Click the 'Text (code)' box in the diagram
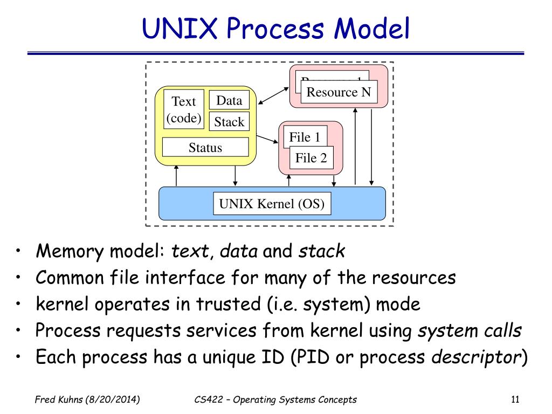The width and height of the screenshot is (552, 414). coord(184,109)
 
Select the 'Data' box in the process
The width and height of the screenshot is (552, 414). coord(229,100)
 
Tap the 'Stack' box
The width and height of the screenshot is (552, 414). coord(229,122)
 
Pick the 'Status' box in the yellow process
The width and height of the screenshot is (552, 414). coord(205,147)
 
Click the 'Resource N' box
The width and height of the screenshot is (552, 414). coord(339,92)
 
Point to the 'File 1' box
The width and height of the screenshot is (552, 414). coord(305,137)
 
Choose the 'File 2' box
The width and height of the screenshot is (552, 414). coord(311,158)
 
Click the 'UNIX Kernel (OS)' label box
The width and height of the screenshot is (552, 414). coord(272,204)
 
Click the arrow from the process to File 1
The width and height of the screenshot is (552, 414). coord(268,140)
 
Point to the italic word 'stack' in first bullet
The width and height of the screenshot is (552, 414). coord(322,251)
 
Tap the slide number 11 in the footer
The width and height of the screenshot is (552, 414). coord(514,399)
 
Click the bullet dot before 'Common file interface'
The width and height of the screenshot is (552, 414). coord(19,278)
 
